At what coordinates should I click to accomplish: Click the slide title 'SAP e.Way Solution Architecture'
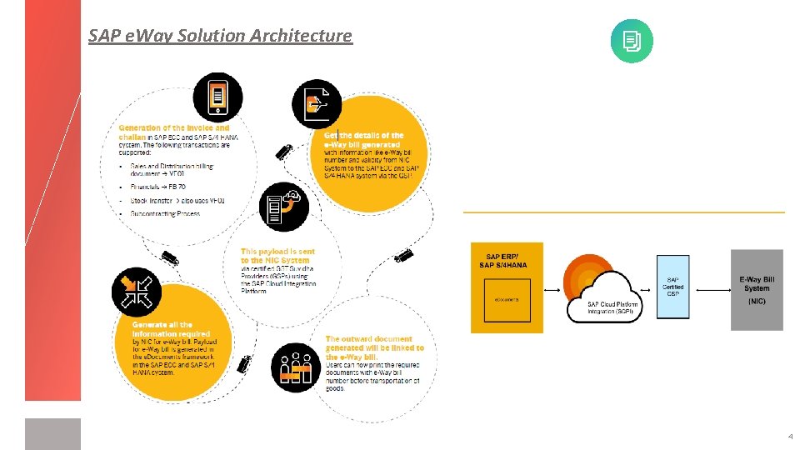(x=220, y=36)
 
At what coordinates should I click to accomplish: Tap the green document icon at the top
(x=632, y=41)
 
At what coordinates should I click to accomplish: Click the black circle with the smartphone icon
(x=218, y=97)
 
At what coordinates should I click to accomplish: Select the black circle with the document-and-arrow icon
(x=317, y=104)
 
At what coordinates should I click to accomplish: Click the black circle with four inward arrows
(x=137, y=292)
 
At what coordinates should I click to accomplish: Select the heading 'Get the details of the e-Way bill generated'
(x=363, y=140)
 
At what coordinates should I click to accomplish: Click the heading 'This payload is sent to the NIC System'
(x=277, y=256)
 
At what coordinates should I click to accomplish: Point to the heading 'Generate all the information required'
(x=162, y=329)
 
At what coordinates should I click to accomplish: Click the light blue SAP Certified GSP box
(x=673, y=287)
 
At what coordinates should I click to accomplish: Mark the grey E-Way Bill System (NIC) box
(x=757, y=289)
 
